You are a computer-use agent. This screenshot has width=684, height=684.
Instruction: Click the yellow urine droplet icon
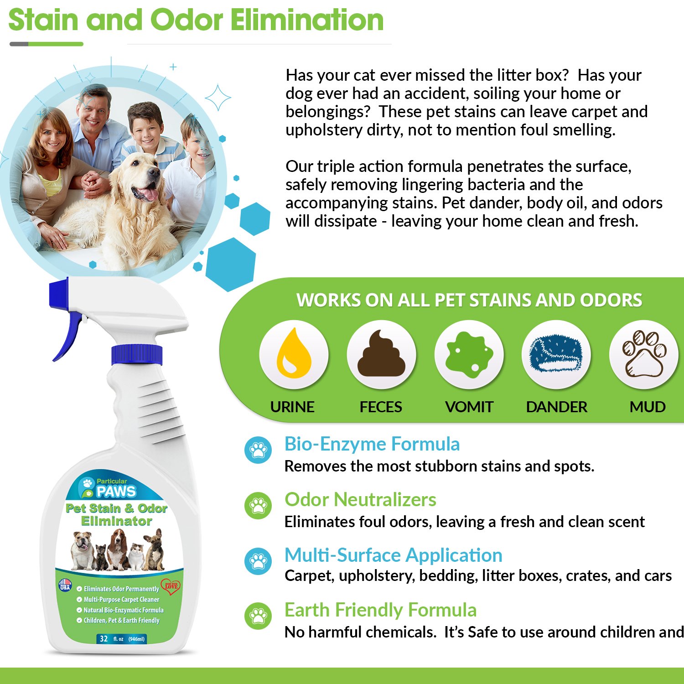click(x=294, y=354)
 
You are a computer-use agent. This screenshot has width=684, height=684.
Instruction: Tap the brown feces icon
click(x=381, y=354)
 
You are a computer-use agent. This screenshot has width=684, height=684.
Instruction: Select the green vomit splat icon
click(x=469, y=354)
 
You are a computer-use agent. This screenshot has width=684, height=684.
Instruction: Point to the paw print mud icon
click(x=644, y=354)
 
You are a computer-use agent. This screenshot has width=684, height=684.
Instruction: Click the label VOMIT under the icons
click(x=469, y=407)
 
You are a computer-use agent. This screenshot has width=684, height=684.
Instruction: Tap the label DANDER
click(x=556, y=407)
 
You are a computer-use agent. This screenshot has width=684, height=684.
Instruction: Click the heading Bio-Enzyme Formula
click(x=372, y=444)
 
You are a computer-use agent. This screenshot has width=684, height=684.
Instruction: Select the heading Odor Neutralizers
click(x=360, y=500)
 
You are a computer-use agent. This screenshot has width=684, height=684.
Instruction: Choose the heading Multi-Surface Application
click(x=393, y=555)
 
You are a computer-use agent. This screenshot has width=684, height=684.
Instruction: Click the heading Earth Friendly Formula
click(x=380, y=610)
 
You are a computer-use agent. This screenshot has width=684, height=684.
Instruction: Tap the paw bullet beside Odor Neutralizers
click(x=258, y=505)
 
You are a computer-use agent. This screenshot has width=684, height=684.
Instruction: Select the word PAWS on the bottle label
click(x=116, y=492)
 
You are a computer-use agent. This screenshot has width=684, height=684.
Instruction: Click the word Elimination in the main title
click(x=307, y=20)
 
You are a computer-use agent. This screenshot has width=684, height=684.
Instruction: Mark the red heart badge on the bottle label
click(x=171, y=586)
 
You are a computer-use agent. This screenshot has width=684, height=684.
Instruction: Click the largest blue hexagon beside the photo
click(x=231, y=264)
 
